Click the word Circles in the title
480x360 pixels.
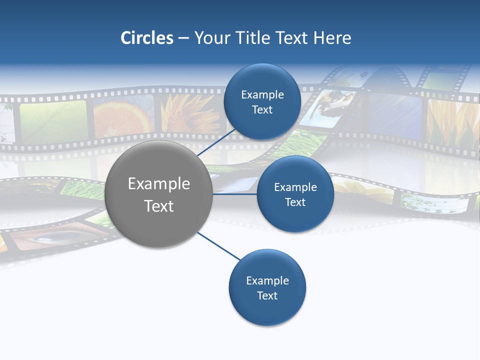(x=147, y=38)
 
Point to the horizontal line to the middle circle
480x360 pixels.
(x=235, y=194)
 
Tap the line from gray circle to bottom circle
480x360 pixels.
(x=218, y=246)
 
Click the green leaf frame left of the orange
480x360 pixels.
(x=52, y=121)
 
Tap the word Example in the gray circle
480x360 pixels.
(x=159, y=184)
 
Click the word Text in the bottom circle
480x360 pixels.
(x=267, y=295)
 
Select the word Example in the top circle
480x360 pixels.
(x=262, y=94)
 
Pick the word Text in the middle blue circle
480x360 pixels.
(x=295, y=202)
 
